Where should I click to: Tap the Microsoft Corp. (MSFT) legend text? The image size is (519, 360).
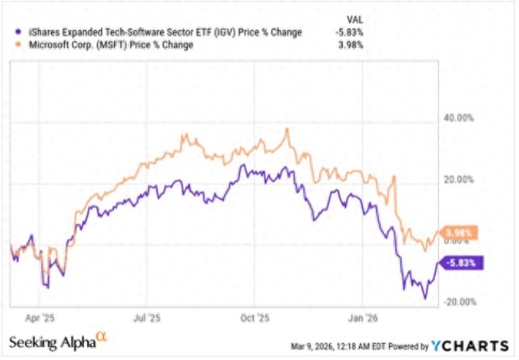click(110, 45)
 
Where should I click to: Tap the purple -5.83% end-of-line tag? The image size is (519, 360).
click(462, 262)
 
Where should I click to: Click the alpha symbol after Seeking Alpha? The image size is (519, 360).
click(102, 338)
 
